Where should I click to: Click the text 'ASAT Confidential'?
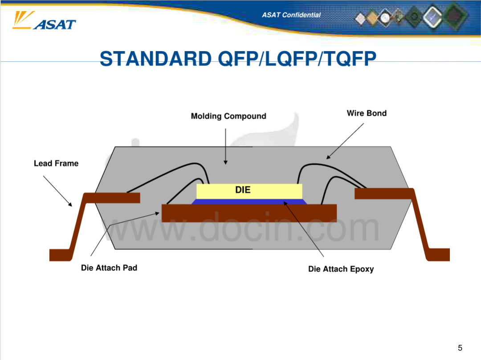(x=291, y=15)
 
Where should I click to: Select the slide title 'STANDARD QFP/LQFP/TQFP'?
(x=238, y=58)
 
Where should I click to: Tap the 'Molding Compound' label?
(x=228, y=116)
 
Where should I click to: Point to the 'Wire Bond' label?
(x=367, y=113)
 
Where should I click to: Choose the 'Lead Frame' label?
(x=56, y=163)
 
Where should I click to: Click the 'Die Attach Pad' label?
(x=109, y=268)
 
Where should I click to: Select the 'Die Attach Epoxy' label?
(x=341, y=269)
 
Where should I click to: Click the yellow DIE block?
(x=249, y=191)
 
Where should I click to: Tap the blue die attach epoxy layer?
(x=249, y=202)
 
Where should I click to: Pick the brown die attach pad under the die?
(x=249, y=213)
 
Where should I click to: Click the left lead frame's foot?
(x=61, y=255)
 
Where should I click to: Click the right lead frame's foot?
(x=438, y=255)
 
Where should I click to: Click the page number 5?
(x=460, y=348)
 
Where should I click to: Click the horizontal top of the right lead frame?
(x=383, y=194)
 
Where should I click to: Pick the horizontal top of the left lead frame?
(x=112, y=198)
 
